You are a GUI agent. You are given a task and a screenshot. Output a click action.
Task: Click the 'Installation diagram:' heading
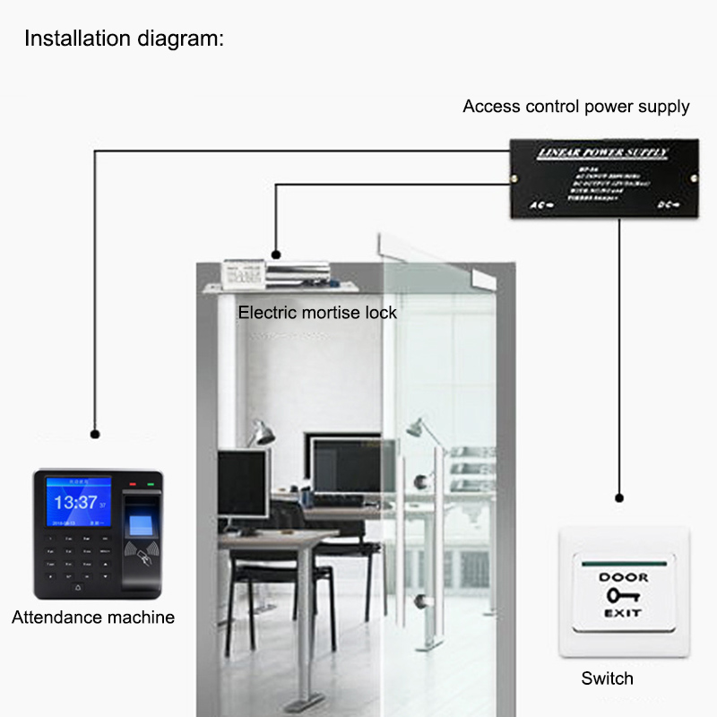tap(124, 39)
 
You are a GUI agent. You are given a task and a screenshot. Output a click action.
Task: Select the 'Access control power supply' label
tap(575, 107)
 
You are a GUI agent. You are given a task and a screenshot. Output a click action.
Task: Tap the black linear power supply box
tap(602, 178)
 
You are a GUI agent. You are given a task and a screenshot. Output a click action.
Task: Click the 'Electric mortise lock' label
tap(316, 313)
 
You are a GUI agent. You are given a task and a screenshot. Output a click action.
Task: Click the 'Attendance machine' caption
tap(93, 618)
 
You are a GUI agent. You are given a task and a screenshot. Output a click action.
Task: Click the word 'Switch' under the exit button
tap(607, 678)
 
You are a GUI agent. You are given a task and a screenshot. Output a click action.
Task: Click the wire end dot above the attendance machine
tap(94, 434)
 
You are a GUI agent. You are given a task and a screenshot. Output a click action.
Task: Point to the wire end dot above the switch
tap(618, 497)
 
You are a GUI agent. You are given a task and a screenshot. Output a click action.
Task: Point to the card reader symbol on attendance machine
tap(143, 552)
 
